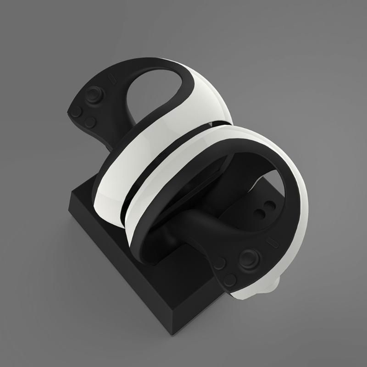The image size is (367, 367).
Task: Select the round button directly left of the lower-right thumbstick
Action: coord(220,263)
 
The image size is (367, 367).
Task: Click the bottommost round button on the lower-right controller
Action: coord(229,279)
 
